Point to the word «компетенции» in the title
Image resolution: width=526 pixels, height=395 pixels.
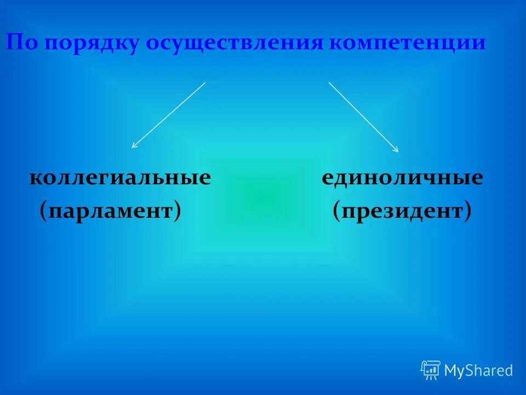[408, 43]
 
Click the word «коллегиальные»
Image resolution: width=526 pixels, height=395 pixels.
[120, 178]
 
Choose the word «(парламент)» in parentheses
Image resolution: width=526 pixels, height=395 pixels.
[110, 210]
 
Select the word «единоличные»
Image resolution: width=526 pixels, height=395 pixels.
[402, 178]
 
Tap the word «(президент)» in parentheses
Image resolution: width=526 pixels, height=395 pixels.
[402, 210]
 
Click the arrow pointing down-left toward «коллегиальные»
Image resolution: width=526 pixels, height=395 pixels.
[169, 115]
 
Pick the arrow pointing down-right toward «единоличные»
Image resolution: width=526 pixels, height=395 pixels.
[363, 117]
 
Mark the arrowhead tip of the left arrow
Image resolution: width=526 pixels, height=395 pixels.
[132, 148]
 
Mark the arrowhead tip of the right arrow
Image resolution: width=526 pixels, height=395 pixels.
[398, 152]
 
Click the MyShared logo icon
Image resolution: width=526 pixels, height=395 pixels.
[430, 370]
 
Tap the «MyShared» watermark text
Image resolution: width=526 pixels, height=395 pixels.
[478, 371]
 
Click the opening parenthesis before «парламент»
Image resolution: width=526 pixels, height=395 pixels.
[43, 211]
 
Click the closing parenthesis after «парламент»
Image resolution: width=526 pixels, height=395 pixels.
[178, 211]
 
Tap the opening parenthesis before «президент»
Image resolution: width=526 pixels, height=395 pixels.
[336, 211]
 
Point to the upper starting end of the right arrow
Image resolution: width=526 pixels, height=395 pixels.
[329, 83]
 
